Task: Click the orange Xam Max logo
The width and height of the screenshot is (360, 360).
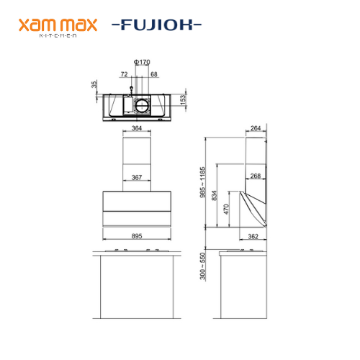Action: pos(58,27)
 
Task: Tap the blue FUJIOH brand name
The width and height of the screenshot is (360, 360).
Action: pos(156,24)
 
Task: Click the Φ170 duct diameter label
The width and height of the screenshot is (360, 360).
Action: pos(142,62)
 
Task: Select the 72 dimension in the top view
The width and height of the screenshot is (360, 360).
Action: pos(124,74)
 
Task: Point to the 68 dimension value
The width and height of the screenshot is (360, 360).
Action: pos(154,74)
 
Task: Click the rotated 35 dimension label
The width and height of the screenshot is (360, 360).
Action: pos(94,84)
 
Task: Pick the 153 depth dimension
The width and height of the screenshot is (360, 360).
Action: pos(183,100)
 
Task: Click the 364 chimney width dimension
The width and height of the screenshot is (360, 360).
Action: pos(137,128)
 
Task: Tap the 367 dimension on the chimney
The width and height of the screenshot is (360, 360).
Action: pos(137,177)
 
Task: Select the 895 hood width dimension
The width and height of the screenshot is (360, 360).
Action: pos(137,236)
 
